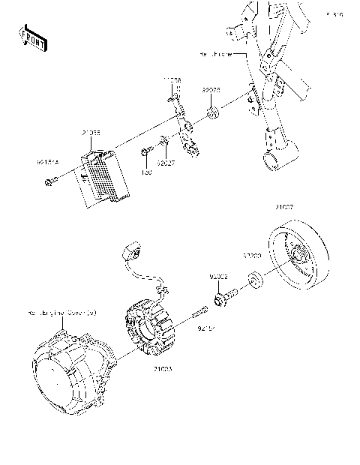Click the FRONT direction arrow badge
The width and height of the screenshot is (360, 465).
click(x=32, y=38)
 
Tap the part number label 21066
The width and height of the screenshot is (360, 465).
click(x=91, y=133)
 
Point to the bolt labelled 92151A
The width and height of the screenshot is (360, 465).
click(x=49, y=180)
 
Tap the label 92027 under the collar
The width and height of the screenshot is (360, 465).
click(x=165, y=160)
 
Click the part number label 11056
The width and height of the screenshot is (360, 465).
click(x=173, y=79)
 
